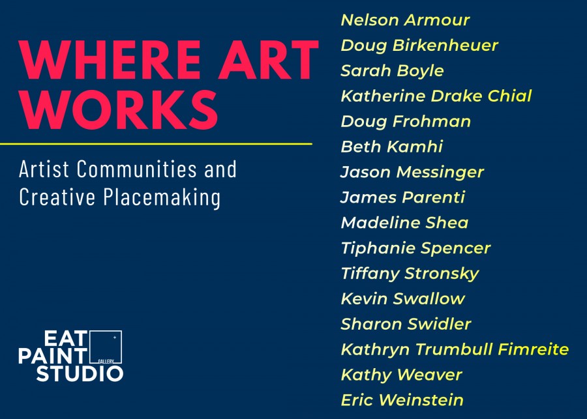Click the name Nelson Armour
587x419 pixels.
click(x=405, y=20)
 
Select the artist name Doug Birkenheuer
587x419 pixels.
click(x=419, y=46)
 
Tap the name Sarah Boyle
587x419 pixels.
click(x=393, y=71)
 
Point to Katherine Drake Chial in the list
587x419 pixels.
click(x=436, y=96)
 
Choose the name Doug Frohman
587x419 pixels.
click(x=406, y=122)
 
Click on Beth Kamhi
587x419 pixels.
click(x=392, y=147)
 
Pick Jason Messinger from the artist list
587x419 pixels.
click(x=412, y=173)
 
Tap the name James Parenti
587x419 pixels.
click(x=403, y=197)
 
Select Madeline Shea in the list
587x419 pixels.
click(x=404, y=223)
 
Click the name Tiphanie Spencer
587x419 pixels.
click(x=415, y=248)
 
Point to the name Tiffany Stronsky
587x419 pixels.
click(x=410, y=274)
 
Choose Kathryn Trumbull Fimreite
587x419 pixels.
click(x=455, y=349)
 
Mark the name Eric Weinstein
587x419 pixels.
click(x=402, y=400)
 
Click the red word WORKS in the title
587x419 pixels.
click(x=118, y=110)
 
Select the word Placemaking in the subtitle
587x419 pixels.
click(x=162, y=197)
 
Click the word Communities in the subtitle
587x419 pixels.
click(x=137, y=169)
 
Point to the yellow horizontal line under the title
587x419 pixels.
click(x=156, y=143)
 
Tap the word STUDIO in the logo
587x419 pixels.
click(x=80, y=374)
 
